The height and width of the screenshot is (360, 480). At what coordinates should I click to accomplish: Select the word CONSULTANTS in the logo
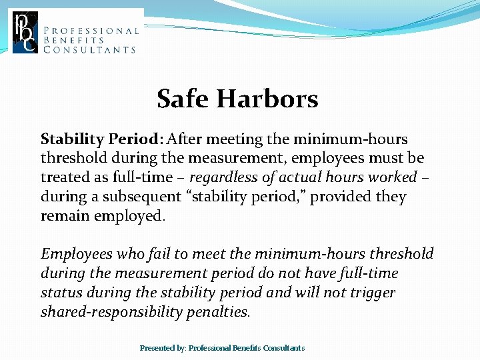click(90, 50)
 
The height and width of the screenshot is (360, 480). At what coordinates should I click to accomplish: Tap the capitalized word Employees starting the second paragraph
click(77, 254)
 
